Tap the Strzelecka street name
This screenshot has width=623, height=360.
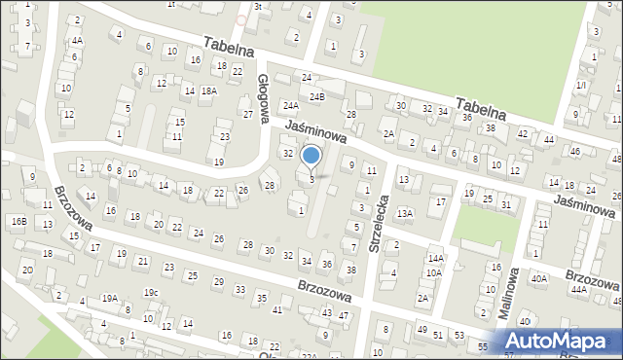[381, 223]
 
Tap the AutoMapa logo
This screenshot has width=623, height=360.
[560, 342]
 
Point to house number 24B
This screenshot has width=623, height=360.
[316, 97]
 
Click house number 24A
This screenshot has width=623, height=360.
[290, 105]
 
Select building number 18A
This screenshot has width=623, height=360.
[208, 90]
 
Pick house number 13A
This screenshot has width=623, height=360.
[405, 213]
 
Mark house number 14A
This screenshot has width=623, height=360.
[435, 258]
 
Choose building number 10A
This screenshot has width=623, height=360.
[431, 273]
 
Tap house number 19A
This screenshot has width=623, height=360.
[110, 299]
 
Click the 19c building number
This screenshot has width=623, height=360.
[151, 292]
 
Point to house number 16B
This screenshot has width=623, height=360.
[18, 221]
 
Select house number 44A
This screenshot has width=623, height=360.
[579, 289]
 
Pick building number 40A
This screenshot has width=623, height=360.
[538, 278]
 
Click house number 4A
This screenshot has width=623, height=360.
[76, 42]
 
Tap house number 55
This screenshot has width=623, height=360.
[483, 345]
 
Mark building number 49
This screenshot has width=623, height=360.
[421, 330]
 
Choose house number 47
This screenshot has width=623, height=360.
[343, 315]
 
